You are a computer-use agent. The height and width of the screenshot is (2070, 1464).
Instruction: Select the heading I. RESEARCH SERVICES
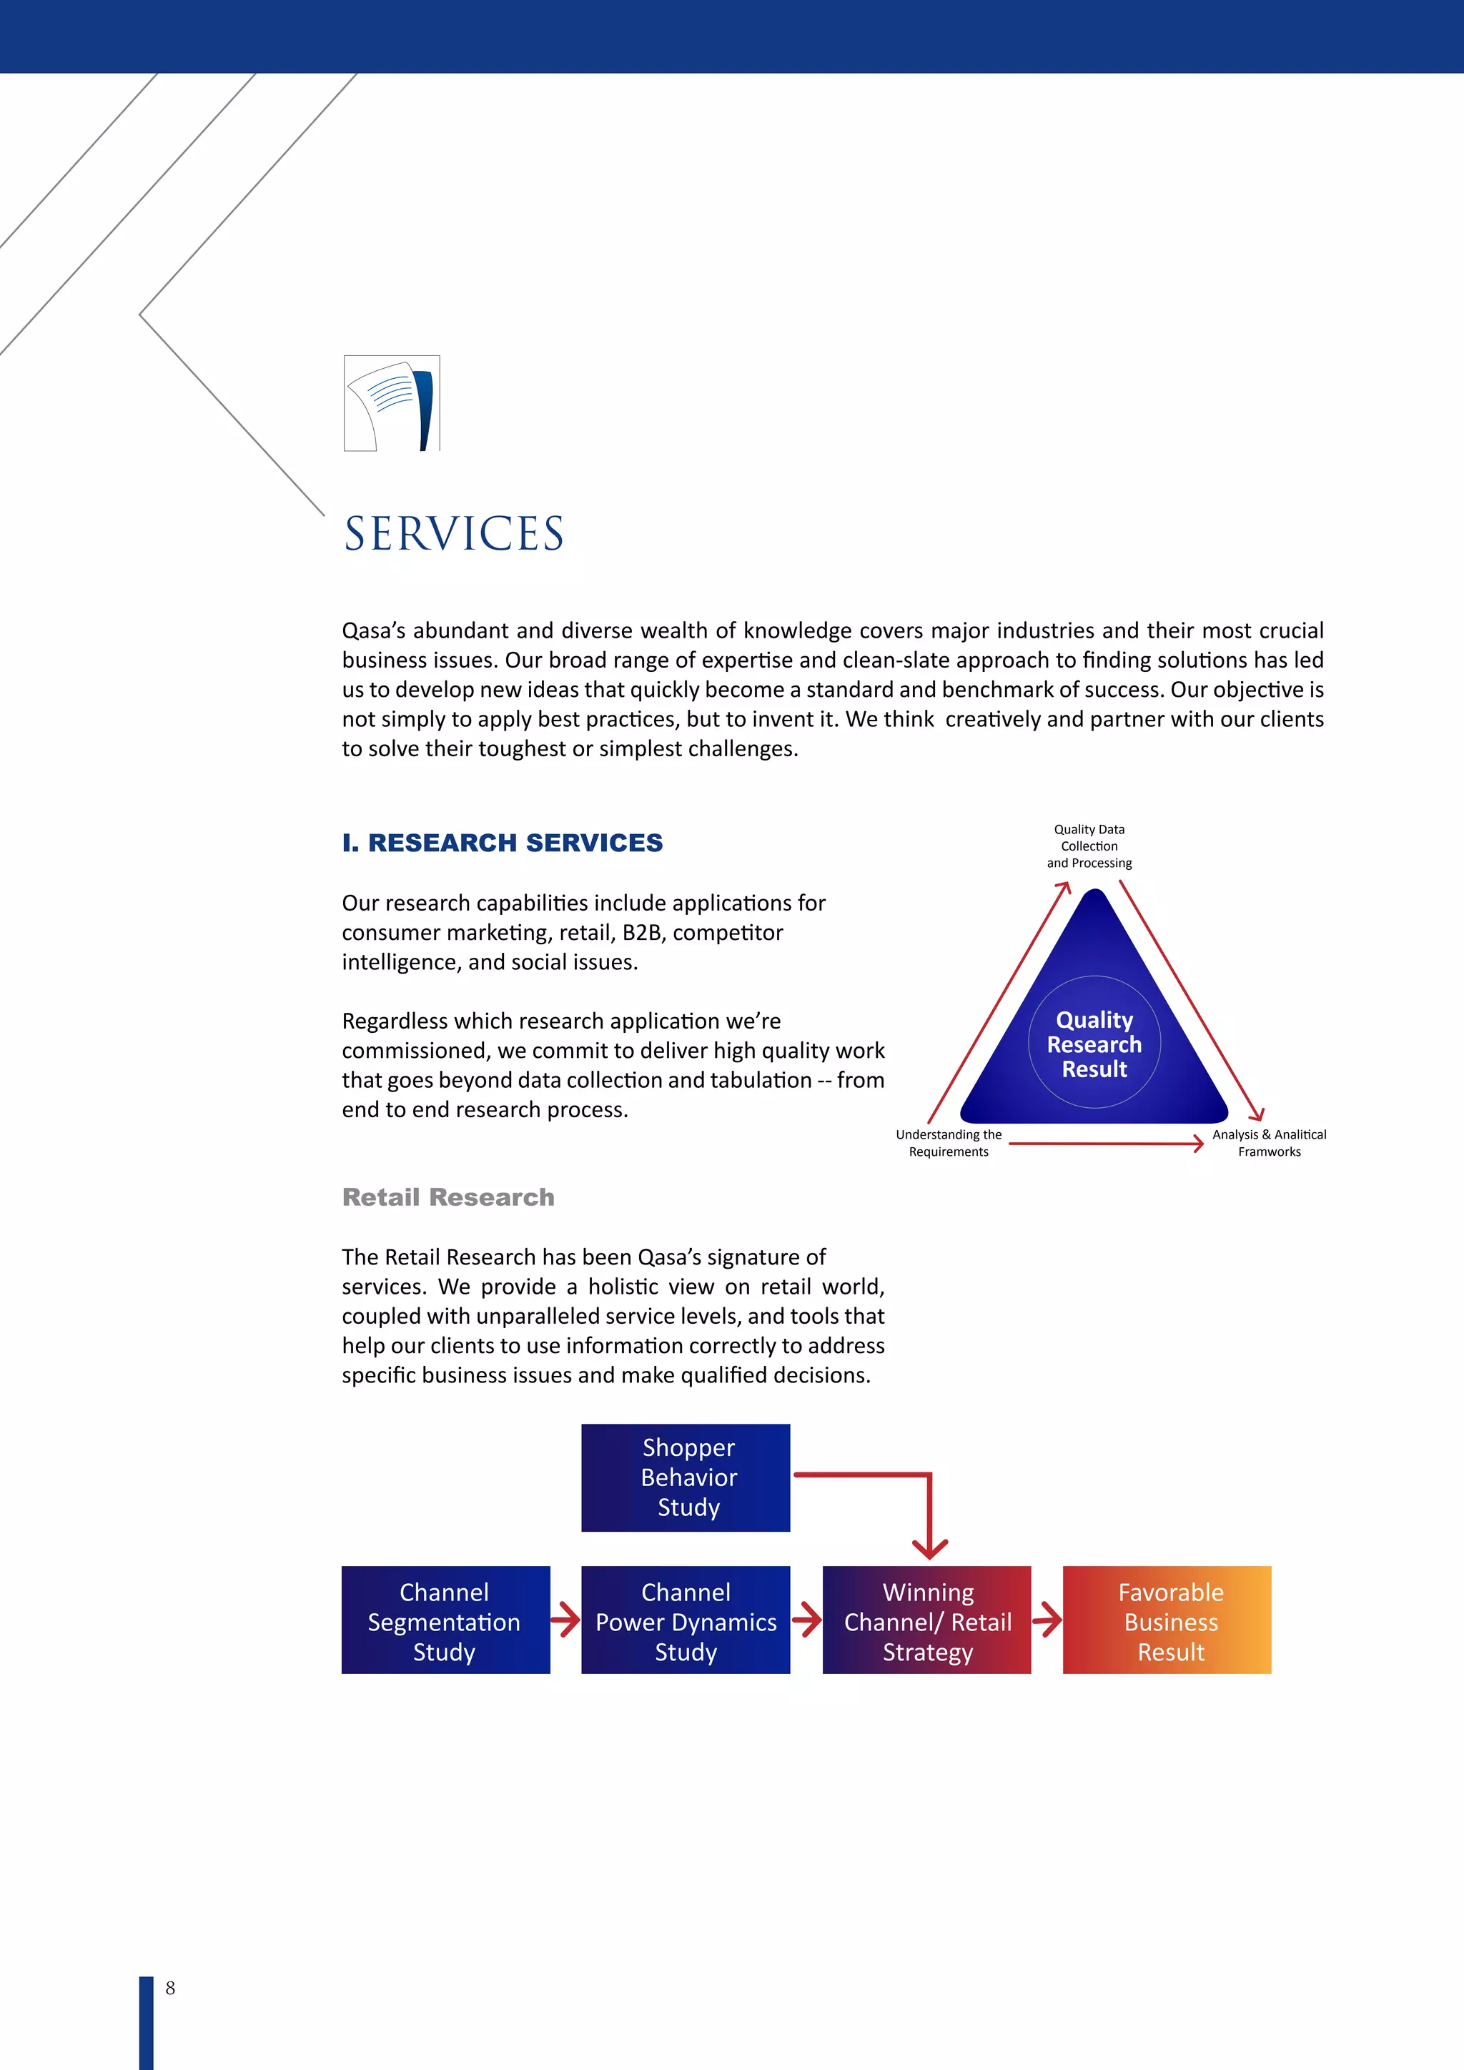(x=502, y=843)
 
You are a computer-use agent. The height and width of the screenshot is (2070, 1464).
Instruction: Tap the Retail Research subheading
(x=448, y=1197)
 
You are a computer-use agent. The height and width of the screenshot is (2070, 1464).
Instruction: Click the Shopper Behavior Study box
(x=686, y=1477)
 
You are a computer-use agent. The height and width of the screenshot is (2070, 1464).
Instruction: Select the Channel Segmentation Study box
(x=445, y=1621)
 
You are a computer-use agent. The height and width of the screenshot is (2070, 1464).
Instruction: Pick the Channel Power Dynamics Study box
(x=686, y=1621)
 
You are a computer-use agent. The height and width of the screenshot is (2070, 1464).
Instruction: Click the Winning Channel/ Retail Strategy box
(x=926, y=1621)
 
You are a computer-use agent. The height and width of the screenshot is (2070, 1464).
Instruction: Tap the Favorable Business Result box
(x=1167, y=1621)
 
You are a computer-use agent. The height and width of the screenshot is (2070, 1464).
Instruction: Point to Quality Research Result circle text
(x=1094, y=1044)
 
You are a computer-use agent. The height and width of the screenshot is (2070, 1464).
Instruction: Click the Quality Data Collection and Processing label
(x=1089, y=846)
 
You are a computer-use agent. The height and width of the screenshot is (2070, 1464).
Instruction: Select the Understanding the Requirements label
(x=949, y=1143)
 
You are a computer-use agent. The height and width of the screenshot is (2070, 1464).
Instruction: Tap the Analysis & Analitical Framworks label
(x=1270, y=1143)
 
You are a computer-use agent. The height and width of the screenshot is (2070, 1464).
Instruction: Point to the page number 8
(x=170, y=1988)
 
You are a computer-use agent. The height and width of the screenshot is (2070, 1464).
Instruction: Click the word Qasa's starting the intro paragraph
(x=372, y=631)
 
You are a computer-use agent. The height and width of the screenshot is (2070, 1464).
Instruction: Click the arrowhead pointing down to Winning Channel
(x=929, y=1549)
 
